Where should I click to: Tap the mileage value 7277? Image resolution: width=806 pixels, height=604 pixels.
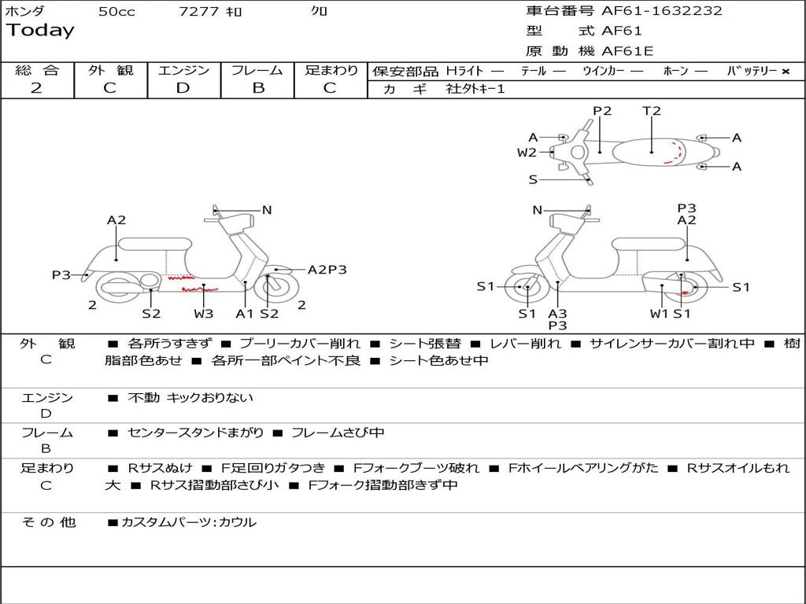pyautogui.click(x=200, y=12)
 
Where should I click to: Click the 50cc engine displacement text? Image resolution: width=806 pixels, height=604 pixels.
pyautogui.click(x=116, y=12)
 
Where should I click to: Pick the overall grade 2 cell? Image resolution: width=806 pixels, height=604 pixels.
pyautogui.click(x=36, y=88)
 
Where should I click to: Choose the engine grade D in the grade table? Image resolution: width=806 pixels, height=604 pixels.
pyautogui.click(x=183, y=88)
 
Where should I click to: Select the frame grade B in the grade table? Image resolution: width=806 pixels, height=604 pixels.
pyautogui.click(x=257, y=88)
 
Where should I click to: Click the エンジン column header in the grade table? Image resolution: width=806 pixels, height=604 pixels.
pyautogui.click(x=183, y=71)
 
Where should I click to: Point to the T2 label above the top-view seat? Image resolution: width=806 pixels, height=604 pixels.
pyautogui.click(x=652, y=111)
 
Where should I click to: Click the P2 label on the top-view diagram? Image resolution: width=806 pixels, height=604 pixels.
pyautogui.click(x=602, y=111)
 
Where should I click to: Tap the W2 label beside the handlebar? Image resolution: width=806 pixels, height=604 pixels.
pyautogui.click(x=527, y=153)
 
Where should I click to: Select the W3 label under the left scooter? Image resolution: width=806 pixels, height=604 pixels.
pyautogui.click(x=204, y=314)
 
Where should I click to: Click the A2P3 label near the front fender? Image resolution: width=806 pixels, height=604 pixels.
pyautogui.click(x=327, y=270)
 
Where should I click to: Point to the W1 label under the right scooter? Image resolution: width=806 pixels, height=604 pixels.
pyautogui.click(x=659, y=314)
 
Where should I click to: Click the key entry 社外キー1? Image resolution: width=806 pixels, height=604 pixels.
pyautogui.click(x=475, y=89)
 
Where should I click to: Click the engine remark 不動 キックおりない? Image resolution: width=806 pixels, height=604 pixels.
pyautogui.click(x=190, y=398)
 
